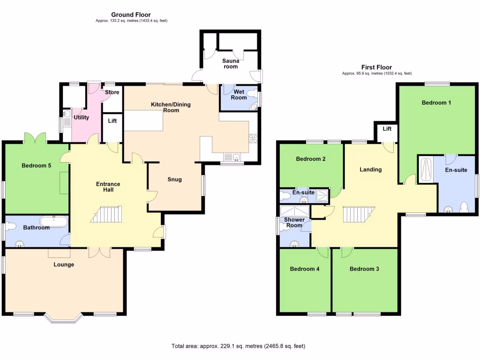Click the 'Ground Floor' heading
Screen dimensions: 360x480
(131, 15)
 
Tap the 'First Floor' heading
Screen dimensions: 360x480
(376, 67)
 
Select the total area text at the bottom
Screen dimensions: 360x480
(239, 346)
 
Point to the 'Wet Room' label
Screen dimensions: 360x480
(239, 94)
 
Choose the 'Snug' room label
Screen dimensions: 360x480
(174, 180)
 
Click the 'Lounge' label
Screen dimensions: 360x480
(64, 264)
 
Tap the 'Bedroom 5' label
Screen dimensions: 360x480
(36, 165)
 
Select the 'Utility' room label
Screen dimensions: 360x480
(81, 118)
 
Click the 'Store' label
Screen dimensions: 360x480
(112, 92)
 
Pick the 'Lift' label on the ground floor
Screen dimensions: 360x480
(112, 121)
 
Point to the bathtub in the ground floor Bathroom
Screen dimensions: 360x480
(54, 221)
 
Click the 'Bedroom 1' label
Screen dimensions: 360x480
(436, 103)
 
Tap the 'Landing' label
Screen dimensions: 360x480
(370, 170)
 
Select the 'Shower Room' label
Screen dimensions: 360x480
(294, 223)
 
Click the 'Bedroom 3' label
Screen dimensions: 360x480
(364, 269)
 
